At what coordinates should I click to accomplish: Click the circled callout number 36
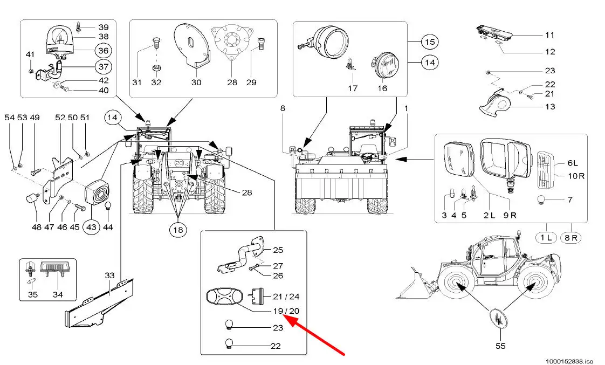[x=102, y=51]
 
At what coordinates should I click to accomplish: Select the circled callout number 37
[x=102, y=67]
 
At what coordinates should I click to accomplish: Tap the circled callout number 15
[x=429, y=42]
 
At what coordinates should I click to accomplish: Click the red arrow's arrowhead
[x=285, y=318]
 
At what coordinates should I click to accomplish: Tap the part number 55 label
[x=500, y=346]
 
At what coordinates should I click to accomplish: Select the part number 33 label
[x=109, y=276]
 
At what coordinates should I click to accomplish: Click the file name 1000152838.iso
[x=569, y=360]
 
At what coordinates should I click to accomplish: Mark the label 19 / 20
[x=286, y=311]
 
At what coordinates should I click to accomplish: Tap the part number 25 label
[x=278, y=250]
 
